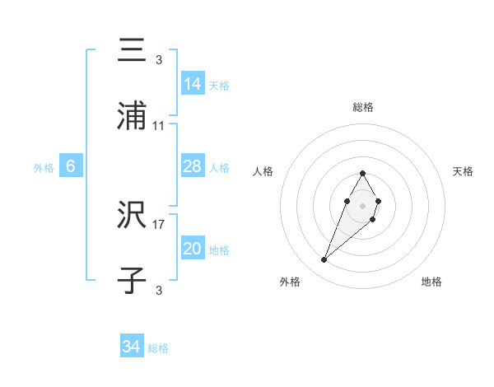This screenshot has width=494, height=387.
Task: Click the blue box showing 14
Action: click(193, 84)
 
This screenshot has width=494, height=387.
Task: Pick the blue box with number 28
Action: click(193, 167)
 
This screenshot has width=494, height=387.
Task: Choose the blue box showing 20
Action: click(193, 249)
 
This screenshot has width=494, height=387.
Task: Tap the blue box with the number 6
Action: click(71, 166)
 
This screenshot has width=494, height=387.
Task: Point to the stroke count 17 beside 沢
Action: click(159, 223)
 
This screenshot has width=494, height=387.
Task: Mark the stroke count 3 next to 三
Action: click(159, 59)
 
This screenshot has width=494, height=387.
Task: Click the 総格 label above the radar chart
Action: click(363, 107)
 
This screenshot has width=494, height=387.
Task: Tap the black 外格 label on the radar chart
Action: click(290, 282)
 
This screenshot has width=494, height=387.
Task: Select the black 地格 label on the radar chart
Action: click(431, 282)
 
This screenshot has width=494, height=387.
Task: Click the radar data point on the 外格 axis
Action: click(324, 260)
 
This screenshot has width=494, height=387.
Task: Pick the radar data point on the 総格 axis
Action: click(362, 173)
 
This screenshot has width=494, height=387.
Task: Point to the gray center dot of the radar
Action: click(362, 204)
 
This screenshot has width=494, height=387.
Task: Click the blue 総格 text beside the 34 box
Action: click(158, 348)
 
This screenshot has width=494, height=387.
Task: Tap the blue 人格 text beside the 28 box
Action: click(219, 168)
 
